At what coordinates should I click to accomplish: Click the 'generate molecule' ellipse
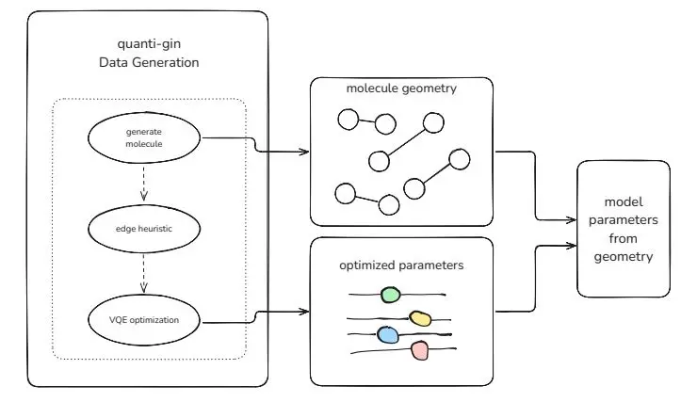pos(144,138)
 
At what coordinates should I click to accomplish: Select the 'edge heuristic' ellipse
pos(144,228)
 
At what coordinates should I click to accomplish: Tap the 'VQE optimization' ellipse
pos(144,320)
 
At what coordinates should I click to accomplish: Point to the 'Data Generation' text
pos(148,62)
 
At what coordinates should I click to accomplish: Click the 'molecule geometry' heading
pos(400,88)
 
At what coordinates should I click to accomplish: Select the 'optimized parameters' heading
pos(401,265)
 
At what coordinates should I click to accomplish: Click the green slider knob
pos(390,295)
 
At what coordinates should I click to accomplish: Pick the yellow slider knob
pos(420,318)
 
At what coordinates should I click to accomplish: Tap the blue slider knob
pos(388,333)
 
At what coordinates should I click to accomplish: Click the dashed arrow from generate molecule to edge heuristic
pos(144,185)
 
